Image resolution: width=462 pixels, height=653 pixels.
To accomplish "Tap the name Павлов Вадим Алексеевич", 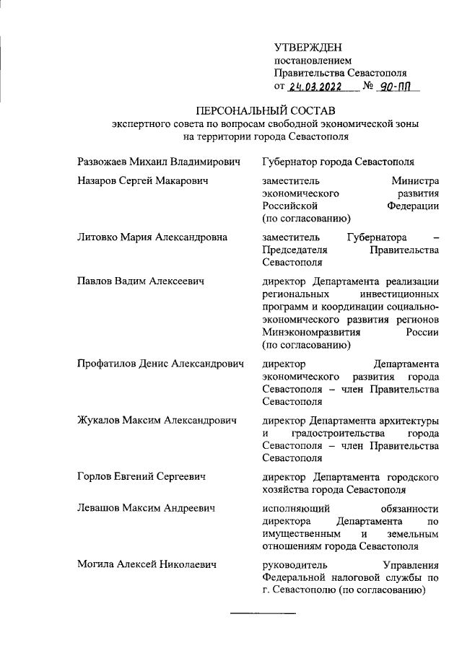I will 140,281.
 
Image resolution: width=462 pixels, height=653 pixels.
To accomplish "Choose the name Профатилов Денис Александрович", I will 160,364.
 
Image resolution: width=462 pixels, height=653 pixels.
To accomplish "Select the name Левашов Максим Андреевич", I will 147,509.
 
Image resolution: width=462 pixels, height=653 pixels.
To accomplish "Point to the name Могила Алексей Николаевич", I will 147,565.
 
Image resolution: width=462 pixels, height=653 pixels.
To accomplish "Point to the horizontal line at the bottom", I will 263,614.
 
